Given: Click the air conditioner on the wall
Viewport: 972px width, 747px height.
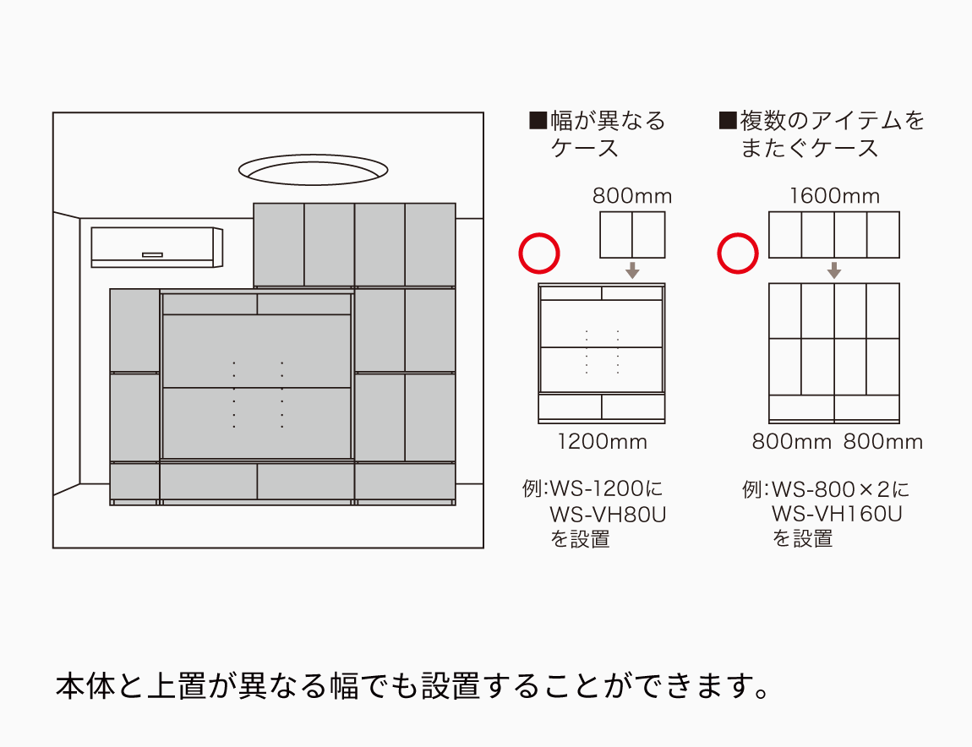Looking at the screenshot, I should pyautogui.click(x=156, y=247).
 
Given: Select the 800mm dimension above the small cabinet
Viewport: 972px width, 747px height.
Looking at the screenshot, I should pyautogui.click(x=631, y=197).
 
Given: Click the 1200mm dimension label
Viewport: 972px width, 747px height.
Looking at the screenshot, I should pyautogui.click(x=602, y=441).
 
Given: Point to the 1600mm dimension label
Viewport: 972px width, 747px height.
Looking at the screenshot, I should pyautogui.click(x=834, y=197).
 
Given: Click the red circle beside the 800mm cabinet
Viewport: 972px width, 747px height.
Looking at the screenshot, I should pyautogui.click(x=539, y=254).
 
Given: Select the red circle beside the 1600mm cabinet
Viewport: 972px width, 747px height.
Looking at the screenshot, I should pyautogui.click(x=738, y=254).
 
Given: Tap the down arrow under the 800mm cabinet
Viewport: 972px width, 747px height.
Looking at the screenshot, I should pyautogui.click(x=632, y=270).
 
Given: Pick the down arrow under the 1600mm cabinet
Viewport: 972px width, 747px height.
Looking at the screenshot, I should pyautogui.click(x=834, y=270).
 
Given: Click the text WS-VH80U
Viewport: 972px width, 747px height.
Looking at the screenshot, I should pyautogui.click(x=608, y=514).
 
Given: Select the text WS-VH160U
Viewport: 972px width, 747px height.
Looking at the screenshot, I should pyautogui.click(x=837, y=514).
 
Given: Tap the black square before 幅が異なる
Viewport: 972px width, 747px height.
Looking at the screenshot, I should pyautogui.click(x=538, y=121).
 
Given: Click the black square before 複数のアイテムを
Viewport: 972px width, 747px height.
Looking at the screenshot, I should pyautogui.click(x=727, y=121).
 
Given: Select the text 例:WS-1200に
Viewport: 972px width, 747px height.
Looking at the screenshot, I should pyautogui.click(x=593, y=489).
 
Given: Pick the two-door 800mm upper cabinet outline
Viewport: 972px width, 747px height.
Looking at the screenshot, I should pyautogui.click(x=632, y=235).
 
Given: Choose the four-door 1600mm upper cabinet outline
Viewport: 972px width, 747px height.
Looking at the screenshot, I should pyautogui.click(x=834, y=235).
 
